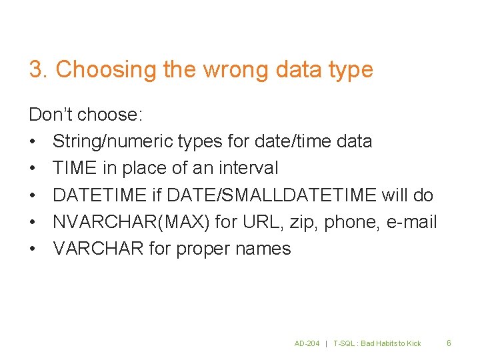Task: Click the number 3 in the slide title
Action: pos(36,69)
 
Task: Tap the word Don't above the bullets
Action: pos(50,115)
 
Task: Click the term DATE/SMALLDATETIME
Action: pos(271,195)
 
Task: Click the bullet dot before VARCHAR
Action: pos(33,249)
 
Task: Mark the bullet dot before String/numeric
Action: pos(33,141)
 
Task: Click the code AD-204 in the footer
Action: pos(307,343)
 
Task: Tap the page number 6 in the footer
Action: pos(449,343)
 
